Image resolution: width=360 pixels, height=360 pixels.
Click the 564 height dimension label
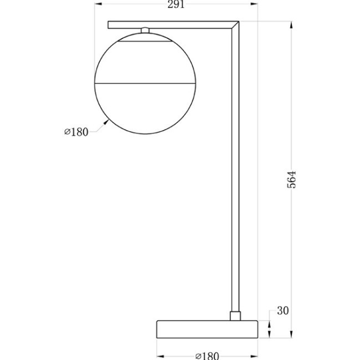[x=292, y=179]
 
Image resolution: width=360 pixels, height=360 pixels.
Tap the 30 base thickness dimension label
[x=283, y=311]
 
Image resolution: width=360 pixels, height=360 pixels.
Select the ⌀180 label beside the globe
[x=76, y=132]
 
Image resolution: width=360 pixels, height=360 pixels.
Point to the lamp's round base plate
[x=208, y=329]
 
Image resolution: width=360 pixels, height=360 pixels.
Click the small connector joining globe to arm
[x=145, y=31]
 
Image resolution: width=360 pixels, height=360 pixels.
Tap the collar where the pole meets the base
[x=235, y=316]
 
